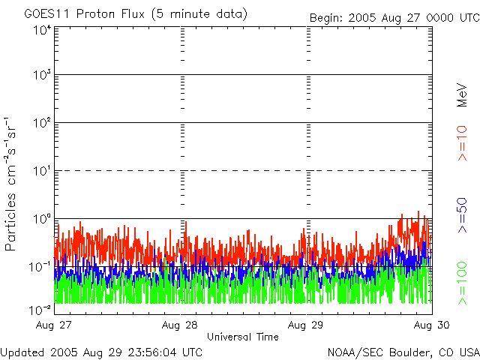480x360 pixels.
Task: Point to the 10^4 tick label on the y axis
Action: pyautogui.click(x=42, y=29)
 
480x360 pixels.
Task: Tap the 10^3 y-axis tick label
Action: pyautogui.click(x=42, y=76)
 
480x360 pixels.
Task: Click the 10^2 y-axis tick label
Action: pyautogui.click(x=42, y=123)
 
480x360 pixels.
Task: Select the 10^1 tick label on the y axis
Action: pyautogui.click(x=42, y=171)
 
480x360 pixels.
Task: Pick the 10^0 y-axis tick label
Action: pyautogui.click(x=42, y=219)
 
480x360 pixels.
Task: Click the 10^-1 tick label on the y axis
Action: pyautogui.click(x=40, y=266)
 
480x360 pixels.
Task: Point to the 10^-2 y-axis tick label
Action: pyautogui.click(x=40, y=308)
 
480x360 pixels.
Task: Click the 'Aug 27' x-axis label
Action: pyautogui.click(x=53, y=325)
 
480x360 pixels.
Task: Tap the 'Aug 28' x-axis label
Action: pyautogui.click(x=182, y=325)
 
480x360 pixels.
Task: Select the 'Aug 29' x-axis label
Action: pyautogui.click(x=307, y=325)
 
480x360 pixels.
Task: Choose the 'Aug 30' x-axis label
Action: pyautogui.click(x=432, y=325)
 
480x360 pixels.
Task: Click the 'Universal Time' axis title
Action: pyautogui.click(x=242, y=337)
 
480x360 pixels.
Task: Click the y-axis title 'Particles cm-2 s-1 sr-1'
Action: pyautogui.click(x=11, y=184)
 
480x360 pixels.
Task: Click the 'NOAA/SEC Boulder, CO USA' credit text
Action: pyautogui.click(x=403, y=352)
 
